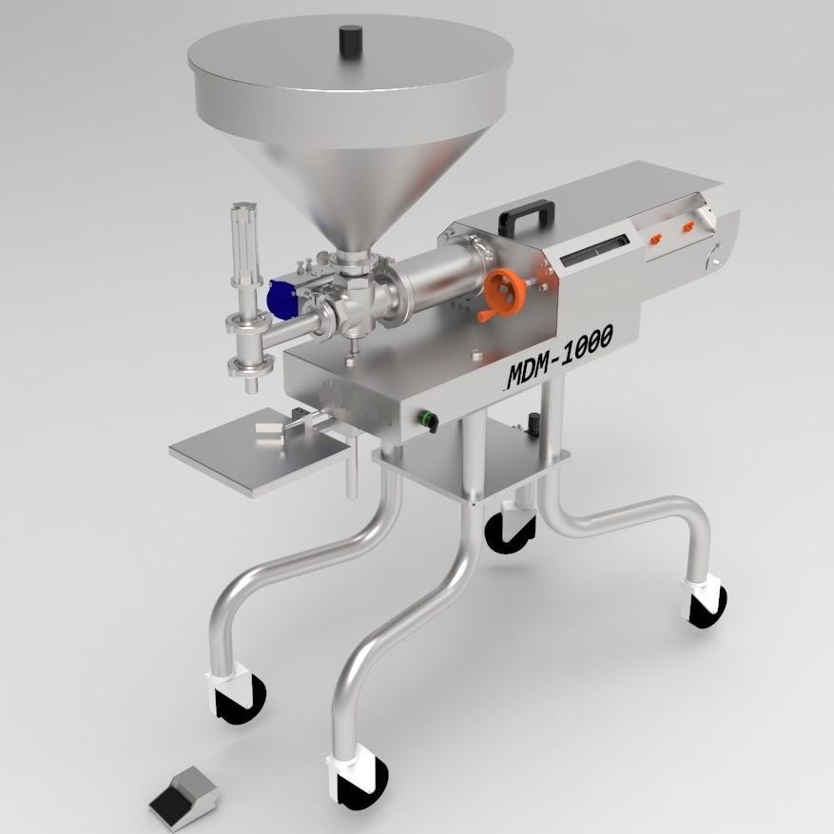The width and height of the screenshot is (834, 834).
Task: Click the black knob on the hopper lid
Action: (351, 40)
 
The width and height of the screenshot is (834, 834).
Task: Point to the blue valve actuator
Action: (281, 300)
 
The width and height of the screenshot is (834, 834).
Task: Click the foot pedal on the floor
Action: (180, 792)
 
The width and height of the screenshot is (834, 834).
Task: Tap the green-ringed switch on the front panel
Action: (428, 418)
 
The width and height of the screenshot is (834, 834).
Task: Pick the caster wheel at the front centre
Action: (361, 775)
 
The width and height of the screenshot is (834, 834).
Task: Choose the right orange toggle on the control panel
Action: (686, 229)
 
